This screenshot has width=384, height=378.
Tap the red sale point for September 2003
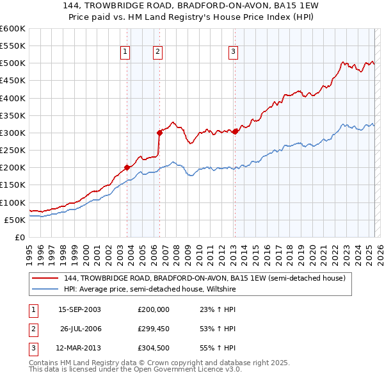click(127, 167)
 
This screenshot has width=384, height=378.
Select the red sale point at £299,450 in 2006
click(159, 133)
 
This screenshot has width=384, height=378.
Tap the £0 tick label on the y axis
click(20, 237)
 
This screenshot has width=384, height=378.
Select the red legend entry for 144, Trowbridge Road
click(204, 278)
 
